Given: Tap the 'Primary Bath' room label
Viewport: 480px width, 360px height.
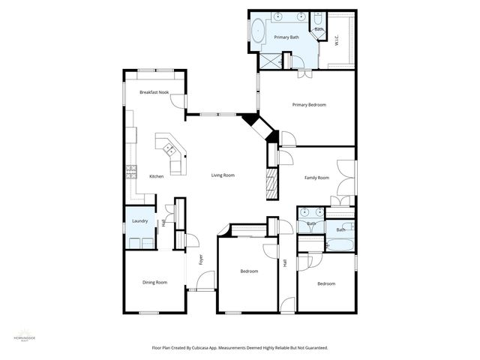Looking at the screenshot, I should [286, 37].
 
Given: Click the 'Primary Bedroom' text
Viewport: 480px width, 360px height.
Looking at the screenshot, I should [309, 105].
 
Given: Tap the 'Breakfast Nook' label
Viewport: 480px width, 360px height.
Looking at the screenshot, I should [153, 92].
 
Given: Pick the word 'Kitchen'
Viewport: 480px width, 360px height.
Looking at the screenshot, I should [156, 176].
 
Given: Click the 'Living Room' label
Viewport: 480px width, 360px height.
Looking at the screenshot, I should [223, 175].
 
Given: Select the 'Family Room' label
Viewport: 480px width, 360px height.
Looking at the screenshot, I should [316, 178].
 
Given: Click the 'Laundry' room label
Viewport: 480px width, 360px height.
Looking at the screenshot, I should [139, 221].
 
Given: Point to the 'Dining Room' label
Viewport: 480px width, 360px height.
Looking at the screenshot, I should [154, 282].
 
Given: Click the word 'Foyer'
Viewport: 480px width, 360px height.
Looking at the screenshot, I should [200, 260].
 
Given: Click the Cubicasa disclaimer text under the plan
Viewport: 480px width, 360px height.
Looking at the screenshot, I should [240, 348].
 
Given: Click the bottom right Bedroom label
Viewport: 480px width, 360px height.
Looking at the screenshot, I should [325, 283].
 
